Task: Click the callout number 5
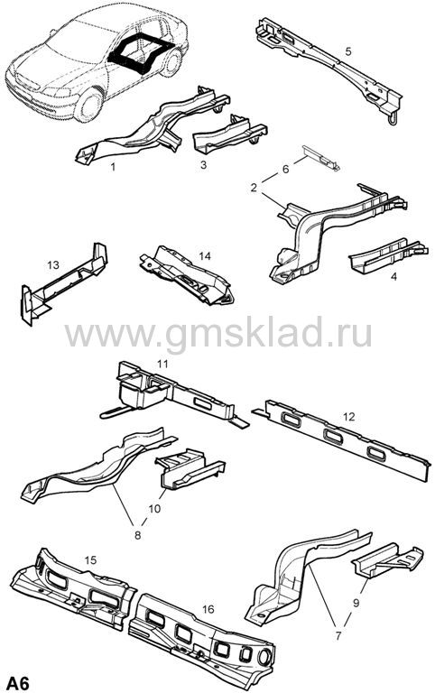click(348, 51)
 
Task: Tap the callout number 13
click(53, 264)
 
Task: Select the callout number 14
click(205, 256)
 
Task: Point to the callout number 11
click(162, 364)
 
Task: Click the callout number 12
click(349, 417)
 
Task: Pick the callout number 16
click(208, 609)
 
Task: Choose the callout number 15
click(90, 560)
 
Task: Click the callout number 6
click(285, 169)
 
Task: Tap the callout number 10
click(154, 509)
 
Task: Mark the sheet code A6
click(17, 683)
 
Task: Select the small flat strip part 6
click(320, 158)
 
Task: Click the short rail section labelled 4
click(387, 254)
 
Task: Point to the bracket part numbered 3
click(230, 131)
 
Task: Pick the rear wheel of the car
click(171, 63)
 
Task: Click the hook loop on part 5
click(392, 118)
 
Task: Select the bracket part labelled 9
click(386, 560)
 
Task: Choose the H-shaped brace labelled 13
click(64, 282)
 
